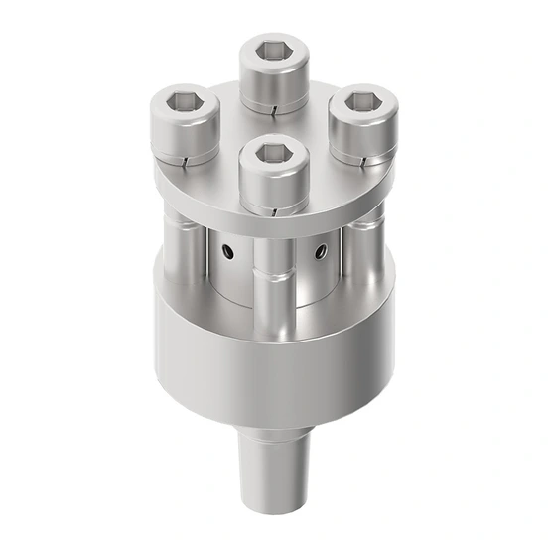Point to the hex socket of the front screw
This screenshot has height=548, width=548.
(272, 154)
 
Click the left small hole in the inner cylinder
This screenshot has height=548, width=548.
(228, 253)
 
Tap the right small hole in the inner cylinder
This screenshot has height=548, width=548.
(320, 253)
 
